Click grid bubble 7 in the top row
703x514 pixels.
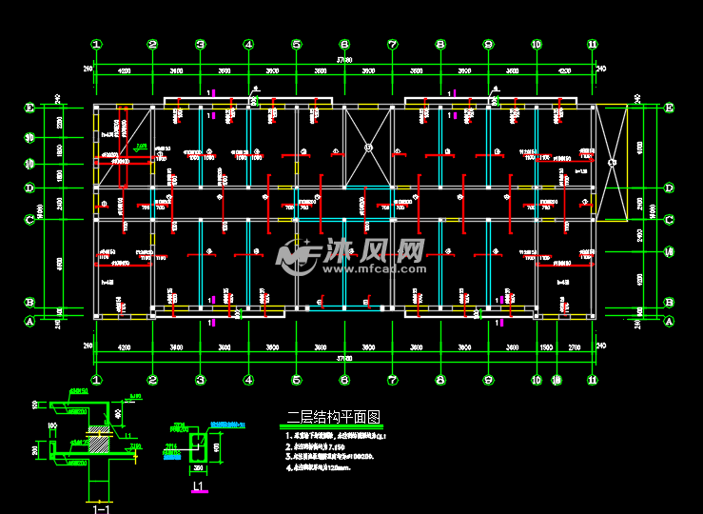(392, 44)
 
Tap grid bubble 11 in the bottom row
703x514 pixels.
(593, 380)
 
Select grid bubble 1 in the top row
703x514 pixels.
(96, 44)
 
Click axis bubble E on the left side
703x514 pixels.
(29, 108)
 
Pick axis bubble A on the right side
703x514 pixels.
(669, 322)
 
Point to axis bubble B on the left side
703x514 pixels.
(29, 303)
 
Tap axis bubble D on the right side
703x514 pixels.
(669, 188)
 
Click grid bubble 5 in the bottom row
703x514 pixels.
(296, 380)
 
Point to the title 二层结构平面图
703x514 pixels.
(333, 417)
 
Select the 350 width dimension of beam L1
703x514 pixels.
(199, 468)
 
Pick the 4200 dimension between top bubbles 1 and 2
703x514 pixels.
(124, 71)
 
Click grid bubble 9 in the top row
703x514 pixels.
(488, 44)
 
